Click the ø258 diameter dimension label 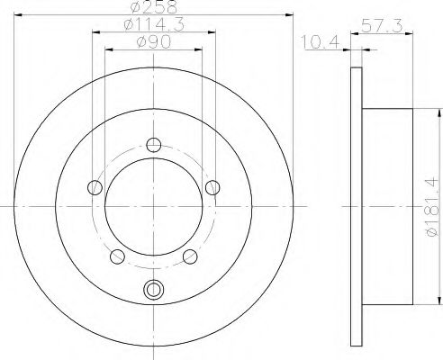point(154,7)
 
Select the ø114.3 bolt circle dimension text point(154,24)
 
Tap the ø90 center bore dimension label point(154,42)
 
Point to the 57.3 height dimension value point(382,26)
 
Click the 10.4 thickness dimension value point(320,42)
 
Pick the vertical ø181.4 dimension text point(431,207)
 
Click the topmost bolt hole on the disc point(154,145)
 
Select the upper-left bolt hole point(95,187)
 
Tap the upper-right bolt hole point(212,187)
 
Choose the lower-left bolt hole point(117,256)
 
